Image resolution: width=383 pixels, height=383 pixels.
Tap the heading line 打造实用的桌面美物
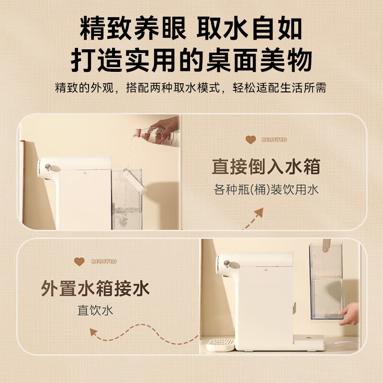click(191, 61)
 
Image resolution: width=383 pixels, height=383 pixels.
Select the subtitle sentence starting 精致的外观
click(191, 89)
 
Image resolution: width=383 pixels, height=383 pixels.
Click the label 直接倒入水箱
click(266, 167)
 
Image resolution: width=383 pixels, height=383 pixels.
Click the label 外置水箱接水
click(95, 289)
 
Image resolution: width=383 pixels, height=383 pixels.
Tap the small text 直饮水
click(95, 311)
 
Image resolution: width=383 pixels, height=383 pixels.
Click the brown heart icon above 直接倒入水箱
click(251, 140)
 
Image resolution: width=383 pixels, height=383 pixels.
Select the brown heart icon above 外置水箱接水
click(79, 261)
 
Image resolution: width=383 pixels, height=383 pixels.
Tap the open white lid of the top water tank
click(134, 180)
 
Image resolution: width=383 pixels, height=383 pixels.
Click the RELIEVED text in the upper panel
click(274, 140)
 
